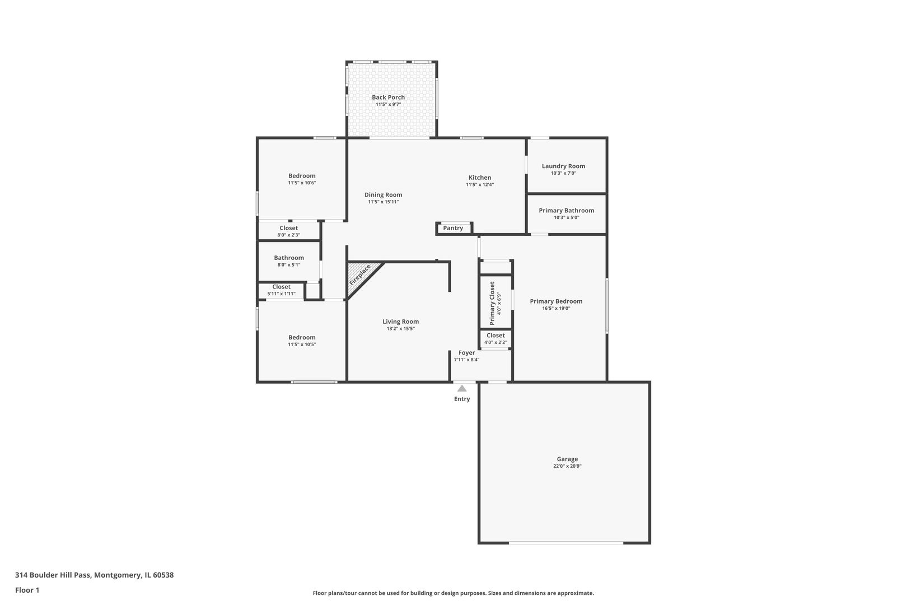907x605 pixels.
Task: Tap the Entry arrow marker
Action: [x=462, y=388]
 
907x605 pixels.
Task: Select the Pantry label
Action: [x=453, y=228]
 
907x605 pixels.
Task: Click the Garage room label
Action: [x=567, y=459]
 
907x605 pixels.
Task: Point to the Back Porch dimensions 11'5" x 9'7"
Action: [x=388, y=104]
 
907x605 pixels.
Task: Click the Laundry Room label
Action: [x=563, y=166]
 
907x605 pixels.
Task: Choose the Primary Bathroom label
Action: [x=566, y=211]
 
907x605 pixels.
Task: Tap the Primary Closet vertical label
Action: [x=492, y=303]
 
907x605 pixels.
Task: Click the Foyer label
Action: [x=466, y=353]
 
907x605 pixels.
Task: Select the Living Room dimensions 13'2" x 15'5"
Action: [x=400, y=329]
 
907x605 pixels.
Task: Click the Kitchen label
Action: [x=480, y=178]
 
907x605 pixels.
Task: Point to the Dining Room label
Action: [x=383, y=195]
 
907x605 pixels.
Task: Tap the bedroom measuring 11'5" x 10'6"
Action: [x=302, y=179]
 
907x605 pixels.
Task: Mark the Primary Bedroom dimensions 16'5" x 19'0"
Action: [x=556, y=308]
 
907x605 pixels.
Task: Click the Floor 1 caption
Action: [x=27, y=590]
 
